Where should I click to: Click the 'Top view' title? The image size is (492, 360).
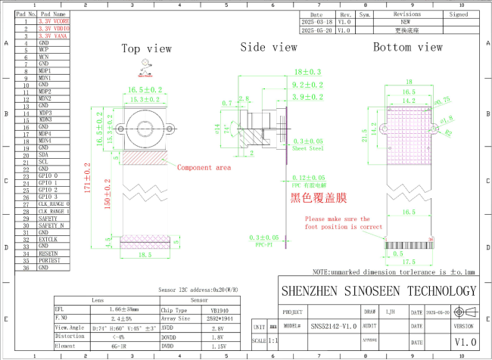coord(147,48)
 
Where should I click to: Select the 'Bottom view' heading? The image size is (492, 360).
coord(407,47)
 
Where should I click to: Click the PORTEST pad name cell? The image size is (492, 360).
coord(49,260)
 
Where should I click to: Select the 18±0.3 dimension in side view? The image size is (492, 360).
coord(307,71)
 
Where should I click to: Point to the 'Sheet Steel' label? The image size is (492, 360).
coord(307,149)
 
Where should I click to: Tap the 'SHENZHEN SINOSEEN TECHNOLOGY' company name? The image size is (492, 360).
coord(378,291)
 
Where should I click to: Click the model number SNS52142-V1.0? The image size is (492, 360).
coord(333,327)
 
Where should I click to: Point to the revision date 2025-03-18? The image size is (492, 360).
coord(317,22)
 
